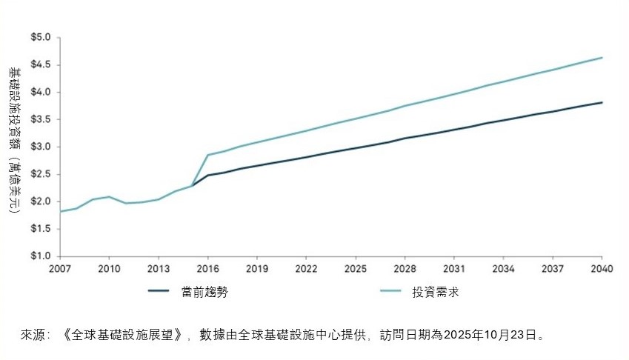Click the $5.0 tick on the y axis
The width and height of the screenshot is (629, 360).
tap(40, 37)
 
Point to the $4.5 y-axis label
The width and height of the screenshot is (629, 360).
tap(40, 64)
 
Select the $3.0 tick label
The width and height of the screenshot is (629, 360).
tap(40, 147)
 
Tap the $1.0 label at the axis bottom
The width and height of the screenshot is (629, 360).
tap(40, 256)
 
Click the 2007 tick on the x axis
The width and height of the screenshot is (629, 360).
tap(60, 267)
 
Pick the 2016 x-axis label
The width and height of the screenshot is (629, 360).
tap(207, 267)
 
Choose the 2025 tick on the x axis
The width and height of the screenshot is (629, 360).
tap(356, 267)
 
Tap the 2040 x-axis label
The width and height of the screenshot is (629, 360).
tap(602, 267)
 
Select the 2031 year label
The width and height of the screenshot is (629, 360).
tap(454, 267)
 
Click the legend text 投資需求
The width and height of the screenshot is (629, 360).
tap(436, 292)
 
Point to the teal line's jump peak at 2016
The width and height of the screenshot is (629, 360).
tap(208, 155)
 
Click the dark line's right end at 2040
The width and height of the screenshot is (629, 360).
tap(602, 102)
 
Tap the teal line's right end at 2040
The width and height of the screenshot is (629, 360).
tap(602, 58)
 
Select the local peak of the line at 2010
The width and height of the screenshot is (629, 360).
tap(110, 196)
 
